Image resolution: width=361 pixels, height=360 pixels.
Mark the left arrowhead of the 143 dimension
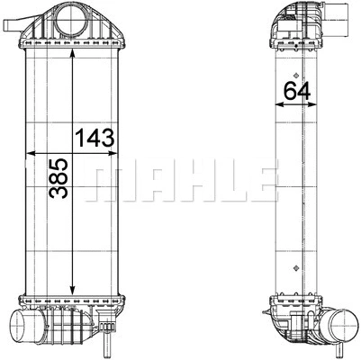pyautogui.click(x=35, y=152)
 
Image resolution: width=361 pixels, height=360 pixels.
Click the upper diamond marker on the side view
pyautogui.click(x=294, y=74)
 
